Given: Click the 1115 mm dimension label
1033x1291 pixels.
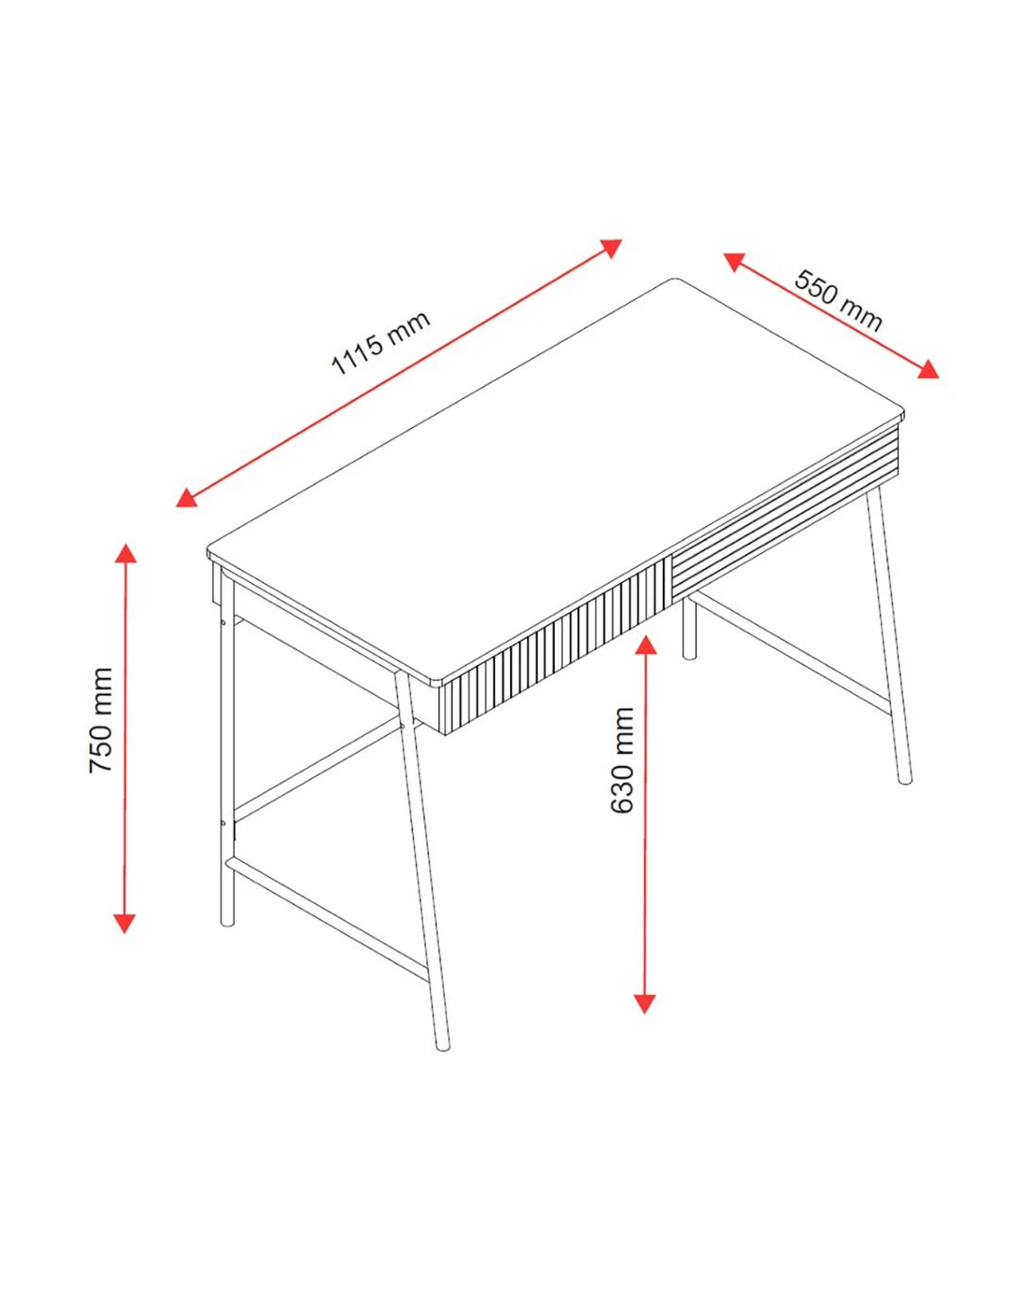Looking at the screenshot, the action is coord(380,343).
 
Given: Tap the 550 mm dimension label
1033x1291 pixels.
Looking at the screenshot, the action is coord(839,300).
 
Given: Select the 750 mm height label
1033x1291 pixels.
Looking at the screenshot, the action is coord(100,720).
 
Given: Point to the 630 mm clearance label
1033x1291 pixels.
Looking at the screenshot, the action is coord(622,760).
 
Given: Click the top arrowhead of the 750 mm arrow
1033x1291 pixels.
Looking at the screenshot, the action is coord(126,552).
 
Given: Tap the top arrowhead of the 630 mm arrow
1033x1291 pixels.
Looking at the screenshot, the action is coord(646,644).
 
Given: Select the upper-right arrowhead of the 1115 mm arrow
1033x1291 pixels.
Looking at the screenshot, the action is coord(611,247).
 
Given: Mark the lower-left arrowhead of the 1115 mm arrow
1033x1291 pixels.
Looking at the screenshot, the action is coord(186,498).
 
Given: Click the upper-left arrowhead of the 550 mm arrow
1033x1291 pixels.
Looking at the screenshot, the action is coord(733,261).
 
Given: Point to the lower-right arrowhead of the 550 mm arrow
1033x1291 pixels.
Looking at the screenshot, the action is coord(928,370).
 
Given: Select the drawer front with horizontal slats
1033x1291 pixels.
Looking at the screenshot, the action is coord(786,512).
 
